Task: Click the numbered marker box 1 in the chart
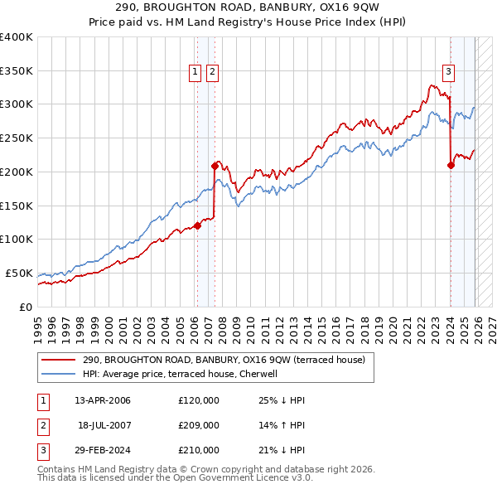(x=196, y=72)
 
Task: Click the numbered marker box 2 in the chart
(x=213, y=72)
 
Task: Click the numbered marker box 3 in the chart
(x=448, y=72)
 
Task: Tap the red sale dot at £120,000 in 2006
(x=197, y=225)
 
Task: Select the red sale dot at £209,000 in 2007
(x=215, y=165)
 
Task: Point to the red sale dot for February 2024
(x=451, y=164)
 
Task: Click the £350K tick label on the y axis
(x=16, y=70)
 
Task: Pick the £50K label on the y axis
(x=19, y=273)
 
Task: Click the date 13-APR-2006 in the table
(x=103, y=400)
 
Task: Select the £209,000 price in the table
(x=199, y=425)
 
